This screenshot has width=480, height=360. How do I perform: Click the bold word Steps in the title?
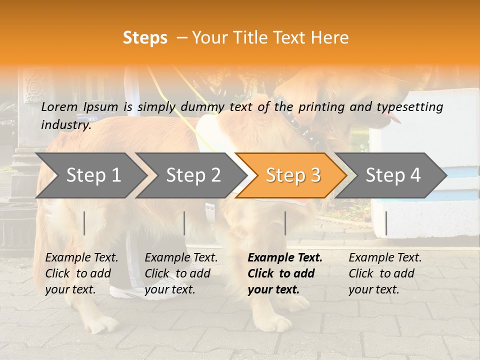pyautogui.click(x=145, y=37)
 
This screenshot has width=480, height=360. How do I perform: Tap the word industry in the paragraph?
pyautogui.click(x=65, y=124)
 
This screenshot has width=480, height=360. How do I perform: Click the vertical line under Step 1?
pyautogui.click(x=84, y=223)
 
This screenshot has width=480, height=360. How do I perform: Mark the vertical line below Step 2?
pyautogui.click(x=184, y=223)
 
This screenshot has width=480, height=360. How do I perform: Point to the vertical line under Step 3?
pyautogui.click(x=285, y=223)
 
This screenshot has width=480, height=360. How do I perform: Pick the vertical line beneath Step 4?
pyautogui.click(x=386, y=223)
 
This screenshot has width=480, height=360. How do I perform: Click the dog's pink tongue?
pyautogui.click(x=395, y=118)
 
